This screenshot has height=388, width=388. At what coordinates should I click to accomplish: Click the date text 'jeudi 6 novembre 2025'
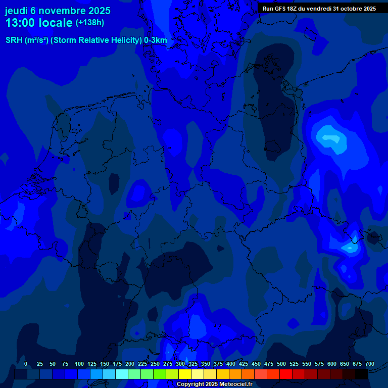point(58,11)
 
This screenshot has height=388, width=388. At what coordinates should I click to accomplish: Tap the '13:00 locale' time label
point(39,23)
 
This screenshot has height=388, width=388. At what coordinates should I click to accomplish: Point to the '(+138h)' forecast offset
point(89,23)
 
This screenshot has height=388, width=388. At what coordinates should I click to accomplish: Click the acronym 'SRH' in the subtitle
point(14,40)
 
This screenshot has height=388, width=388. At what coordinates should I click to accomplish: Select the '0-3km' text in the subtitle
point(156,40)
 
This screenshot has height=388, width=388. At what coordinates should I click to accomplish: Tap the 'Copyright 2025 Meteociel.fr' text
point(214,384)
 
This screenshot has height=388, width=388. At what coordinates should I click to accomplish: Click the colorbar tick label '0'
point(26,364)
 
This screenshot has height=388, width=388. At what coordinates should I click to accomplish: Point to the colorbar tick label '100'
point(79,364)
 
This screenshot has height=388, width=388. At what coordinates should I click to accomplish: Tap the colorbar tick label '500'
point(281,364)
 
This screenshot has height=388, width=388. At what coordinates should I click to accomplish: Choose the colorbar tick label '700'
point(370,364)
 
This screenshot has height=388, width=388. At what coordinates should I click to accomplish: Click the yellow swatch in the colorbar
point(185,374)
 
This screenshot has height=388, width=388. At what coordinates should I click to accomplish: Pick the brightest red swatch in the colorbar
point(286,374)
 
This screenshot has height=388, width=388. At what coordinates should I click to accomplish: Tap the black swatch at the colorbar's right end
point(362,374)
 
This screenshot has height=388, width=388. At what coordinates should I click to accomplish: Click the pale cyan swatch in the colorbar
point(122,374)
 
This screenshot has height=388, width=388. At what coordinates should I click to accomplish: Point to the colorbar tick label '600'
point(332,364)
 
